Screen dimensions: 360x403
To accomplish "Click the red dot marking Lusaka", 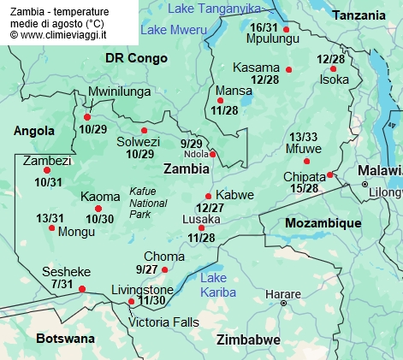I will tap(202, 227).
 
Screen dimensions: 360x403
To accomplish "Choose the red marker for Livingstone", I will tap(131, 302).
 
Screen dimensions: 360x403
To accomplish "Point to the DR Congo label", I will tap(133, 57).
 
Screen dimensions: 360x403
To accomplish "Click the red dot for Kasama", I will tap(288, 69).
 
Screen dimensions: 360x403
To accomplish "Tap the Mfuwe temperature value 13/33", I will tap(303, 137).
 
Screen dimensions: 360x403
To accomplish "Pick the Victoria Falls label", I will tap(163, 322).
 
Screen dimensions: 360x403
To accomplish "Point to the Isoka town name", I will tap(335, 80).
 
